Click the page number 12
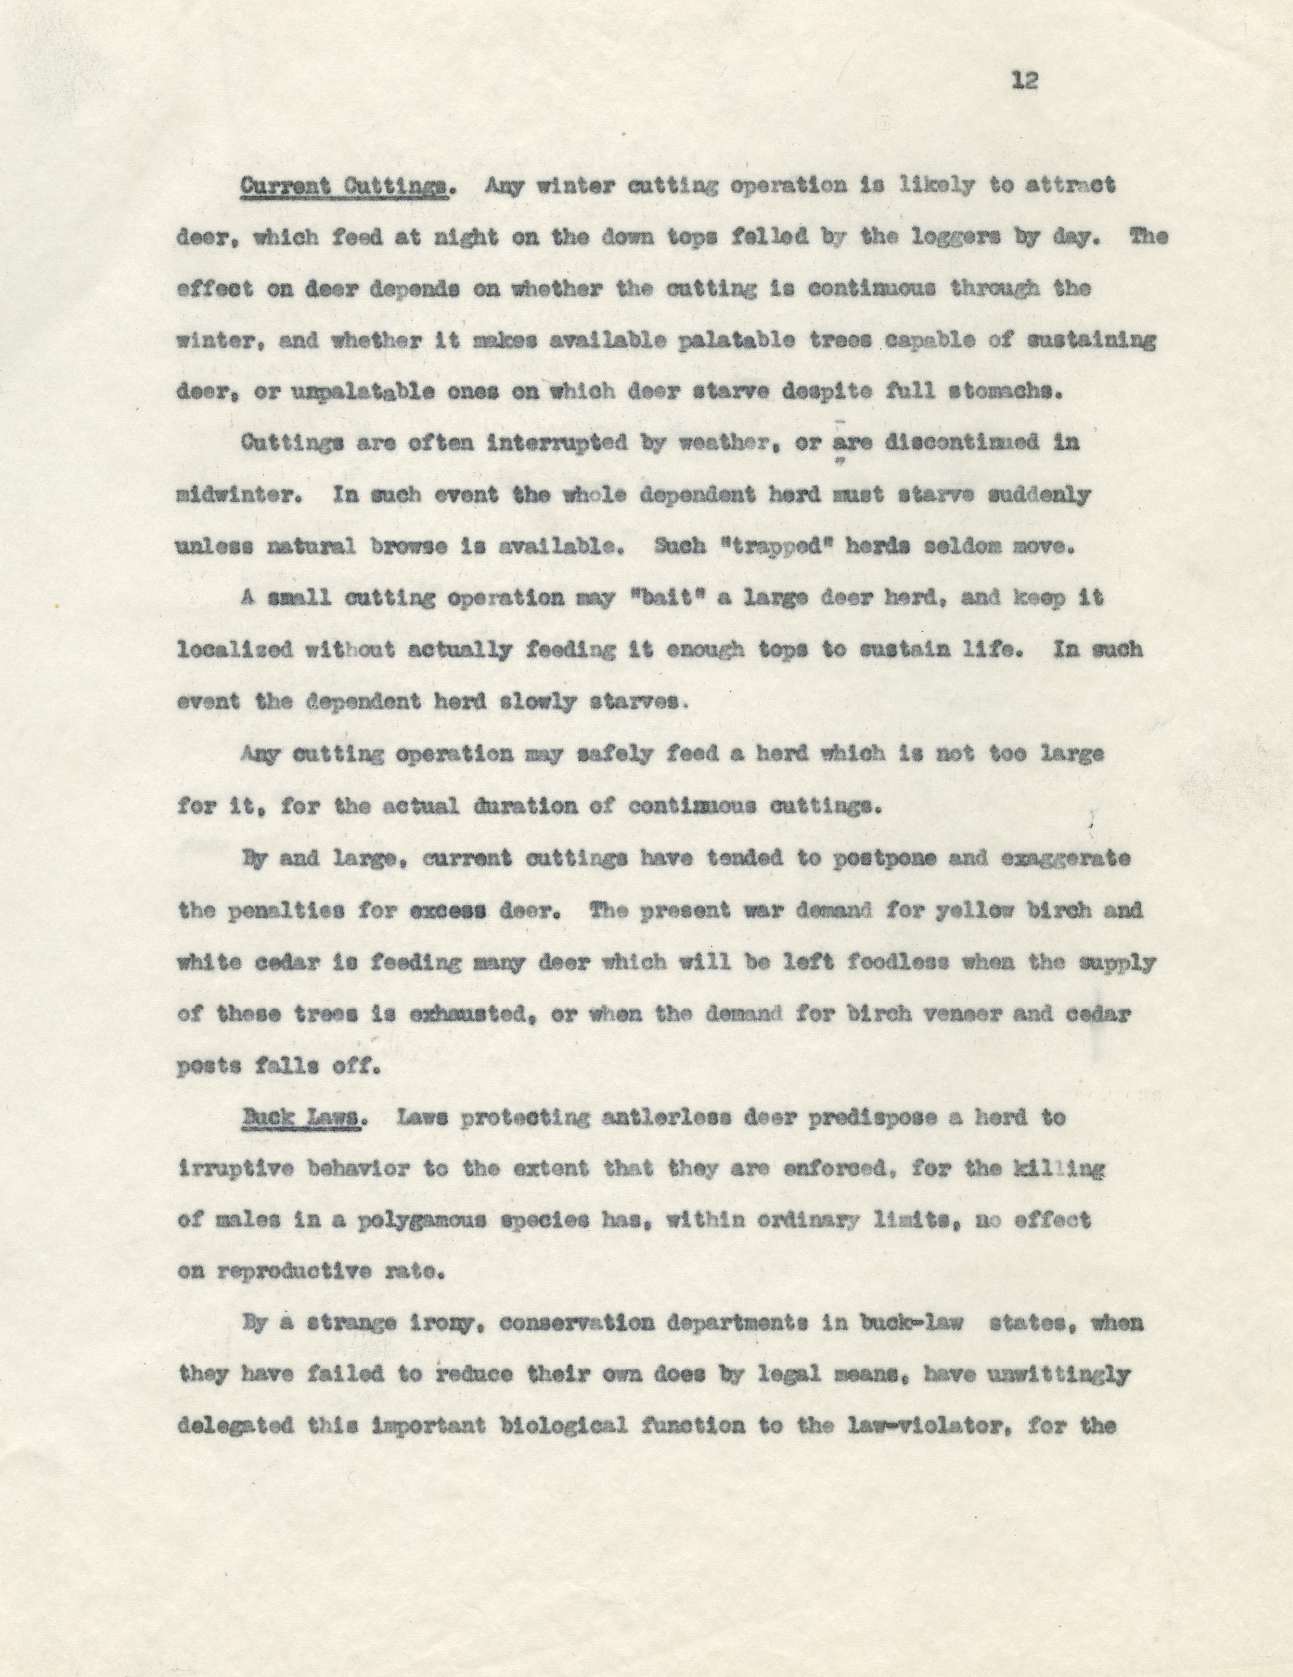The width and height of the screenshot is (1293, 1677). pos(1025,81)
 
